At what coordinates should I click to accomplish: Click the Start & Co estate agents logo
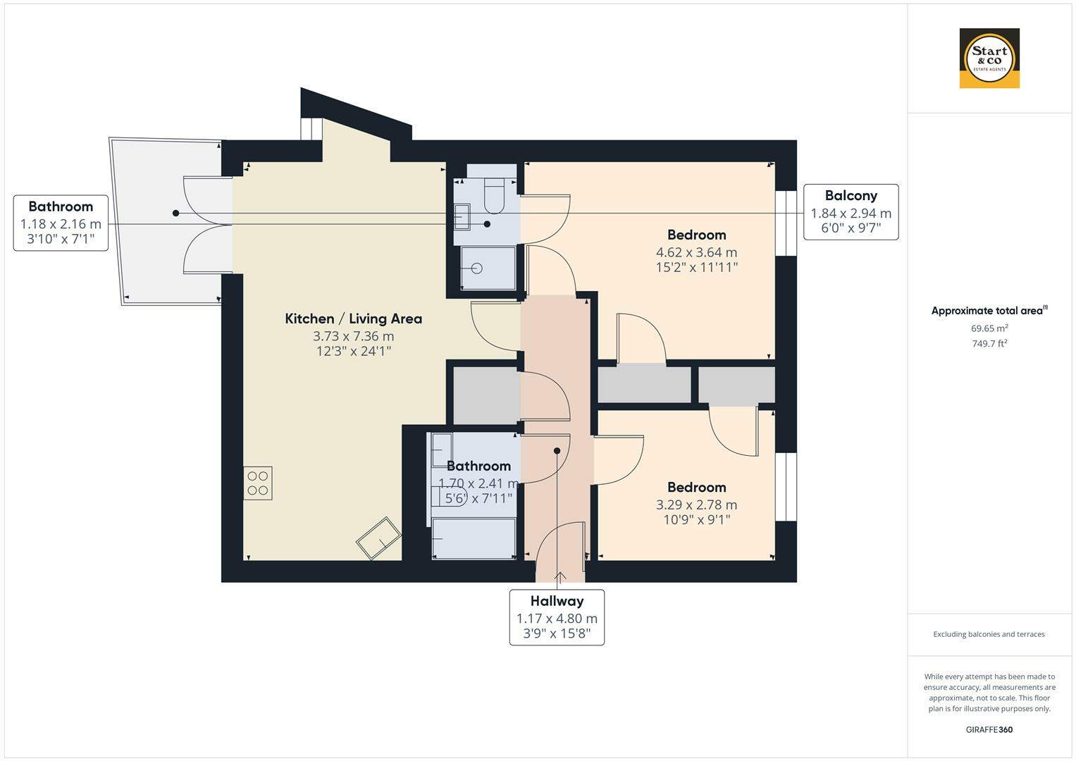[x=989, y=58]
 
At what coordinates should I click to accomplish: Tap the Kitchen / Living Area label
[x=353, y=318]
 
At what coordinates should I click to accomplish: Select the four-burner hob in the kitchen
[x=258, y=483]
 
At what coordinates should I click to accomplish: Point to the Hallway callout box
[x=557, y=617]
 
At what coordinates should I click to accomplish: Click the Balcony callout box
[x=851, y=212]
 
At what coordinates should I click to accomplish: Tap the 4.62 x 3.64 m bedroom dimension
[x=696, y=252]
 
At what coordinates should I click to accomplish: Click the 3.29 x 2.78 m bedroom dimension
[x=696, y=505]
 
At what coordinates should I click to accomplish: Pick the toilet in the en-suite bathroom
[x=494, y=195]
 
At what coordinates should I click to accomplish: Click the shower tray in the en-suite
[x=488, y=268]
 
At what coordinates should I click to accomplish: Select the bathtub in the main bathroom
[x=474, y=538]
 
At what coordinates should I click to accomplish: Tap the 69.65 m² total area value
[x=989, y=328]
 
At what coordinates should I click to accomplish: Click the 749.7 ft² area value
[x=989, y=344]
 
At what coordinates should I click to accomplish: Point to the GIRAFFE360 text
[x=989, y=729]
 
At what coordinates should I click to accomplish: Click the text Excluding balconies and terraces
[x=989, y=634]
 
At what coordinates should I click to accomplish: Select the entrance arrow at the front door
[x=560, y=579]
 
